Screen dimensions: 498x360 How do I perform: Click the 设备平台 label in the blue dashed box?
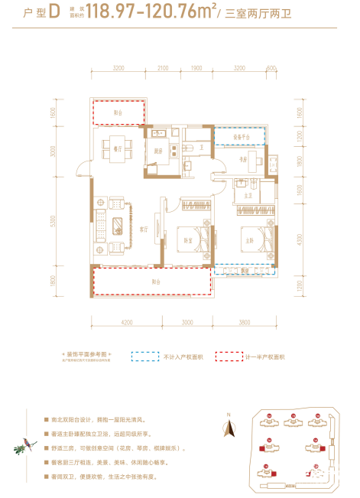click(242, 136)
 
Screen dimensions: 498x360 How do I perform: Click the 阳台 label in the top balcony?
click(118, 112)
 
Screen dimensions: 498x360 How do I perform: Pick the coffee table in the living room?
click(118, 225)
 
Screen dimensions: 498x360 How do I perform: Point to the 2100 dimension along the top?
click(162, 68)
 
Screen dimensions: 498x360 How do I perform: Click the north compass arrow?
click(226, 426)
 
